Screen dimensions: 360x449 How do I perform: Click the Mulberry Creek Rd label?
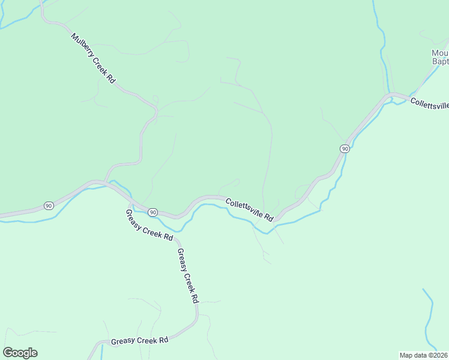93,58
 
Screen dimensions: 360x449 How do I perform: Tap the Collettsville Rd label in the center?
250,209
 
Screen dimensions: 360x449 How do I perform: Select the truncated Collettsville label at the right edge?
429,105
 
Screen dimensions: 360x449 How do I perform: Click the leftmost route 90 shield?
48,206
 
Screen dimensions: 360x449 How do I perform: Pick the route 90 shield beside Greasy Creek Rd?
153,212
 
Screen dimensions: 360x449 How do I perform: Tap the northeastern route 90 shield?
345,149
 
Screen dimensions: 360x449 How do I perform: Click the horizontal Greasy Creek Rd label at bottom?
139,341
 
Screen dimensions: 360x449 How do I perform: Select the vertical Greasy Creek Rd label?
187,277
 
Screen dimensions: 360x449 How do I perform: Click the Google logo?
20,353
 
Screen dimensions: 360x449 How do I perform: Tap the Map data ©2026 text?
424,355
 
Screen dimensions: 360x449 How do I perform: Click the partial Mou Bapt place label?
440,57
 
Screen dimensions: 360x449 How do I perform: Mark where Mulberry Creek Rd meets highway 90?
106,181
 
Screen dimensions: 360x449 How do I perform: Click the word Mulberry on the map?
82,44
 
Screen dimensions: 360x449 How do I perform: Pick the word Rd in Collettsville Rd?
269,217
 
